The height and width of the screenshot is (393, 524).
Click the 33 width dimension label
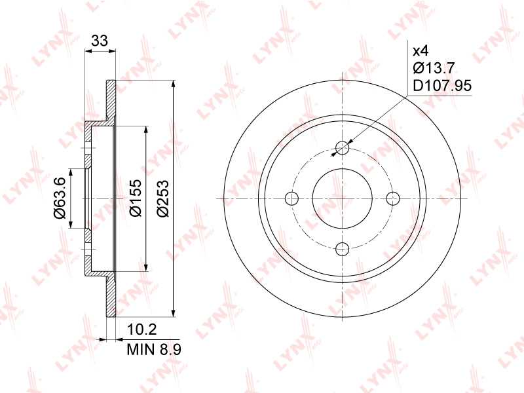point(100,41)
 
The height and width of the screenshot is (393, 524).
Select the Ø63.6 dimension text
point(59,197)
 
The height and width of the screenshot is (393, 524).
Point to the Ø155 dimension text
point(136,198)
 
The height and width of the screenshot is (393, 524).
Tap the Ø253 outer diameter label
point(163,198)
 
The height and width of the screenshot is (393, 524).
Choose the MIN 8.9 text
point(153,350)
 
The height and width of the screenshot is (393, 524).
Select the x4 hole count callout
point(420,50)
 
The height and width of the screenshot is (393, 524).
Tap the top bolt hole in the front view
point(342,147)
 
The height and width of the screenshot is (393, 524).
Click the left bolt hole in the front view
point(292,198)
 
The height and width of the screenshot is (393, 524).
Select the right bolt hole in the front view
point(392,198)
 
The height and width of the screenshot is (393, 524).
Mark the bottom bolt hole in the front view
point(342,248)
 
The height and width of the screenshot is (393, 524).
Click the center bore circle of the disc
point(342,198)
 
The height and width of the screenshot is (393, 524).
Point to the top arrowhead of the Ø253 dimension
point(172,85)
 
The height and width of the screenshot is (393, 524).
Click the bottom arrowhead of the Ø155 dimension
point(145,268)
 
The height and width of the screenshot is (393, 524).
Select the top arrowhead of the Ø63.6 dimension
point(71,172)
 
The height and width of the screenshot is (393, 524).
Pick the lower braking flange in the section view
point(111,295)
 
